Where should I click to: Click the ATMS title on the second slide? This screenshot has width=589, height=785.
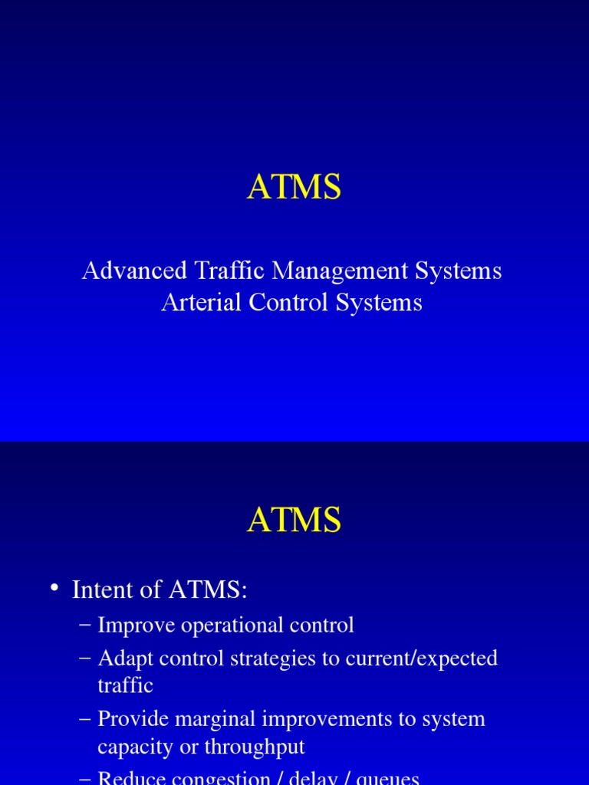(x=294, y=521)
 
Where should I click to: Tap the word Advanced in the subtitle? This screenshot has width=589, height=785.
(x=134, y=271)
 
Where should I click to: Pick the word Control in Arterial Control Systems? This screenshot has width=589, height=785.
(x=288, y=302)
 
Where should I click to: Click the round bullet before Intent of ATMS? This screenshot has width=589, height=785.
(x=54, y=588)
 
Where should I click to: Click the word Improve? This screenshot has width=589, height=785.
(x=137, y=626)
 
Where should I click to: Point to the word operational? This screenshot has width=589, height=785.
(x=232, y=626)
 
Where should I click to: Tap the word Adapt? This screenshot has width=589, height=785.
(x=122, y=659)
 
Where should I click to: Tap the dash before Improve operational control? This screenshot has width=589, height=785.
(x=85, y=626)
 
